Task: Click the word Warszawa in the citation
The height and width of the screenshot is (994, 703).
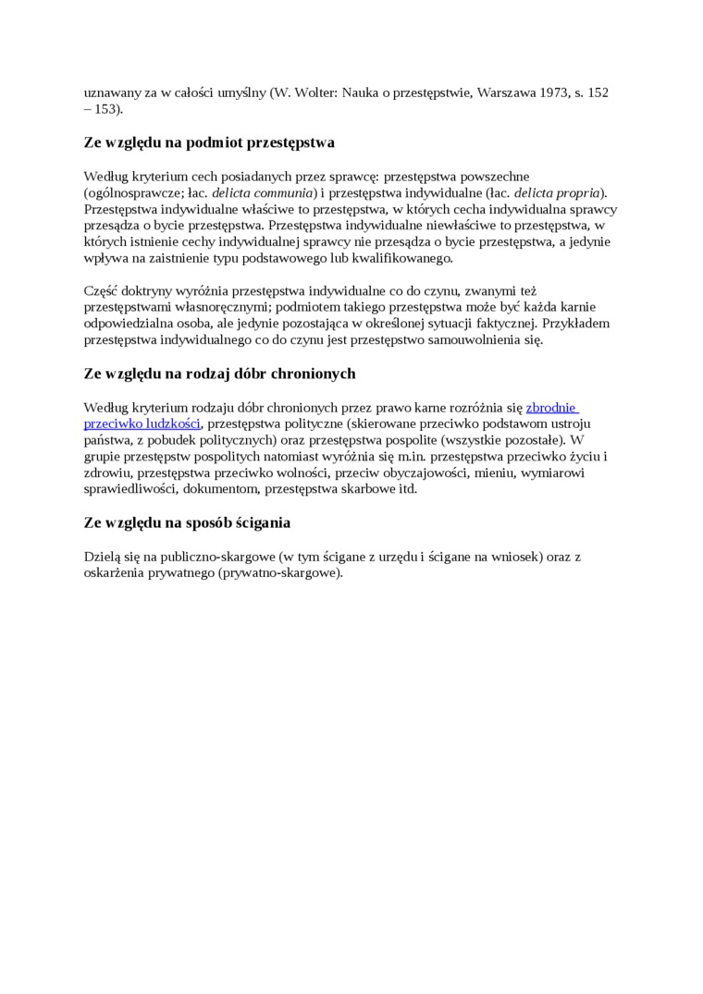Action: (504, 93)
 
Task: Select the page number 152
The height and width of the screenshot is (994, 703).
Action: (598, 93)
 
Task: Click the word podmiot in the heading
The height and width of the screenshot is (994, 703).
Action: (220, 142)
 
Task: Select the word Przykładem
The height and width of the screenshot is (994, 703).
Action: (576, 324)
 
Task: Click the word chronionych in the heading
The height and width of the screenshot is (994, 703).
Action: (312, 374)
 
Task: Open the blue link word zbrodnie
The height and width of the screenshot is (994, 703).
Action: (552, 407)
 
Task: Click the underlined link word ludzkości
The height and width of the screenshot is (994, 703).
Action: (169, 423)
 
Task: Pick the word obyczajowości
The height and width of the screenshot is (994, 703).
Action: (423, 472)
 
